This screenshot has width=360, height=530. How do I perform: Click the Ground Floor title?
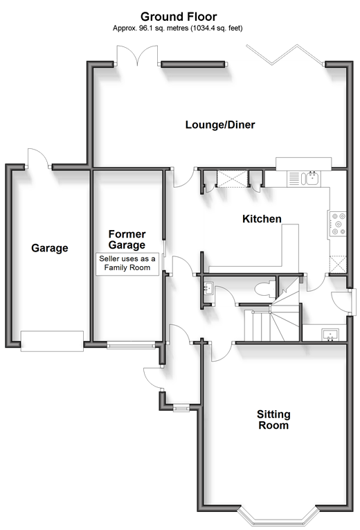(x=179, y=16)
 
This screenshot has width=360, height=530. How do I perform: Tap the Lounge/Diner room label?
(x=220, y=125)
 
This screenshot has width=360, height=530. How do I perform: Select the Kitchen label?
(x=262, y=219)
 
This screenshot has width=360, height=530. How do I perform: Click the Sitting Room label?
(x=273, y=419)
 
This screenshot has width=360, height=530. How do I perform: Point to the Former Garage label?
(x=127, y=239)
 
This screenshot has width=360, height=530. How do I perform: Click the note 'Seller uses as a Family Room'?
(x=127, y=263)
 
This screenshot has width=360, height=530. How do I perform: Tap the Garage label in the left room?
(x=50, y=248)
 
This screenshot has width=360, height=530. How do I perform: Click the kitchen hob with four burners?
(x=338, y=223)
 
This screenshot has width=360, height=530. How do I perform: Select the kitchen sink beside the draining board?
(x=311, y=178)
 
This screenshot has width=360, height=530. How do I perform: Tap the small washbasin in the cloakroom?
(x=208, y=288)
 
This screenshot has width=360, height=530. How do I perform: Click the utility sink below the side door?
(x=330, y=335)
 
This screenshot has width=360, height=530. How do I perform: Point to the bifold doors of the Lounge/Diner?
(x=285, y=55)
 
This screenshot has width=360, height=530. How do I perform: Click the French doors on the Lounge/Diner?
(x=137, y=55)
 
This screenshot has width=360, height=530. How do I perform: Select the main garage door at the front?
(x=52, y=341)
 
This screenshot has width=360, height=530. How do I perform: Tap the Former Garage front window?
(x=131, y=345)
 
